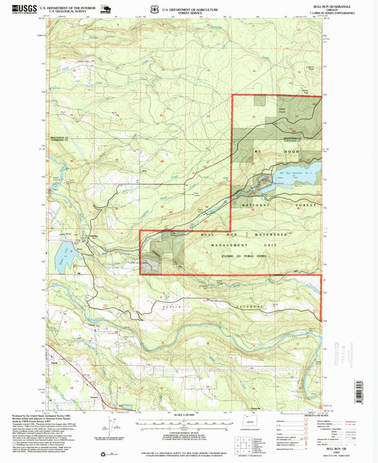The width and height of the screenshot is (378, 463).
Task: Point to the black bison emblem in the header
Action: (107, 9)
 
